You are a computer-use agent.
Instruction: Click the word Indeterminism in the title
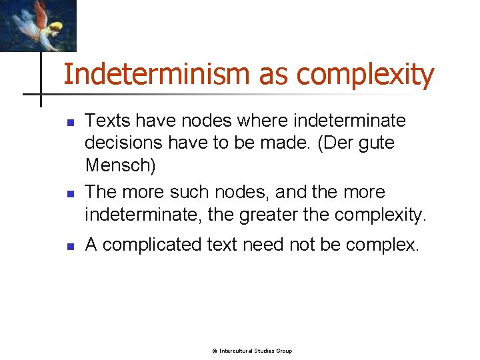click(157, 74)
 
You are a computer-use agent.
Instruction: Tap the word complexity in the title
click(365, 75)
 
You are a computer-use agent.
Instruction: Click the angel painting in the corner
click(38, 25)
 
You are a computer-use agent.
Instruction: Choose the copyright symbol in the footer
click(215, 351)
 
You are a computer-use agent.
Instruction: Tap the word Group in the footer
click(283, 351)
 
